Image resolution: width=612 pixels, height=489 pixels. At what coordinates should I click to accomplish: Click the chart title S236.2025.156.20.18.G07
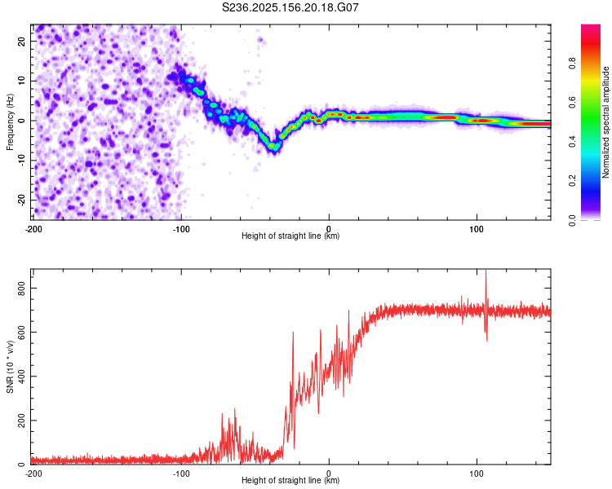pos(290,7)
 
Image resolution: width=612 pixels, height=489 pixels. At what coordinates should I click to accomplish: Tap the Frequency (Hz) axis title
pos(10,122)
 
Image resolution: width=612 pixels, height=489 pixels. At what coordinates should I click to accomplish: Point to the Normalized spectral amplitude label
pos(605,122)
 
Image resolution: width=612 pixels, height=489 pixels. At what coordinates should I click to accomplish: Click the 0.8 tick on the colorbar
pos(572,63)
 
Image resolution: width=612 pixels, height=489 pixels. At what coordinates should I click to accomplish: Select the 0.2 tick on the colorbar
pos(572,181)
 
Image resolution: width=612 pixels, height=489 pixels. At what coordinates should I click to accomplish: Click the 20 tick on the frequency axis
pos(22,42)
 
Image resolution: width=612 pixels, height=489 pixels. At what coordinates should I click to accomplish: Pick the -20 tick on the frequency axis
pos(22,200)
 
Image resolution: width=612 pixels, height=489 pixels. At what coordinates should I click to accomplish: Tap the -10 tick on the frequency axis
pos(22,161)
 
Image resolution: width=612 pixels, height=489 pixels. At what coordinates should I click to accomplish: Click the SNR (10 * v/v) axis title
pos(10,367)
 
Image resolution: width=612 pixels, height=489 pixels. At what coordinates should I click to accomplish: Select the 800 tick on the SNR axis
pos(22,289)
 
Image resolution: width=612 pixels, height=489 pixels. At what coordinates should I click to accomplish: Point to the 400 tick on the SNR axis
pos(22,377)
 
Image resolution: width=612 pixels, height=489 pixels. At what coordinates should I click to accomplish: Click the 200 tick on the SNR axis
pos(22,421)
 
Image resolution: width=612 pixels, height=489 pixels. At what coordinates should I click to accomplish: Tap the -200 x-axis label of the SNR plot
pos(33,474)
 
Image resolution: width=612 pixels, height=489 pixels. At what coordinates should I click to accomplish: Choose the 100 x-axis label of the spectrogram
pos(477,229)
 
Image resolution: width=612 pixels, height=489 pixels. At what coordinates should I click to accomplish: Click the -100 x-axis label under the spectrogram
pos(181,229)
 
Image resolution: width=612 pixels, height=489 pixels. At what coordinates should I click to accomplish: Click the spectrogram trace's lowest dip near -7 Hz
pos(274,147)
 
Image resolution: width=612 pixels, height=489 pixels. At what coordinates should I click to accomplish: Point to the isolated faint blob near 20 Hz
pos(261,40)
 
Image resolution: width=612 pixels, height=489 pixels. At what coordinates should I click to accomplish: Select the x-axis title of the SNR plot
pos(290,480)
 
